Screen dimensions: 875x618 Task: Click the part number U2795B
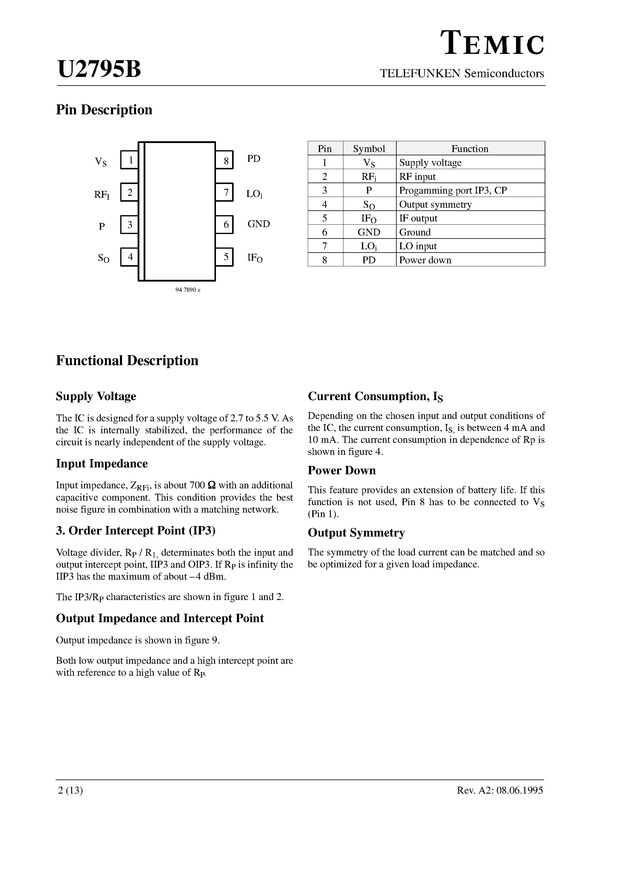(x=99, y=69)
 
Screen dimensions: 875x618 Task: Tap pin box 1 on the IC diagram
(x=130, y=160)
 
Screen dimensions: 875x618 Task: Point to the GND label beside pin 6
(x=258, y=224)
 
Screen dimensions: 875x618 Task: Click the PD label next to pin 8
(x=253, y=159)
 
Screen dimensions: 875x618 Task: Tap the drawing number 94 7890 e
(x=188, y=290)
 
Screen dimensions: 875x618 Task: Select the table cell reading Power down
(x=425, y=260)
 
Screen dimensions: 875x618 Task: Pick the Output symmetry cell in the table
(x=435, y=204)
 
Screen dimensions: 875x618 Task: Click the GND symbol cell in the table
(x=369, y=232)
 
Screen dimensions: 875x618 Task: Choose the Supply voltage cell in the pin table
(x=430, y=163)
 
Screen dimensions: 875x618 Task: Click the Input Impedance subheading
(x=102, y=464)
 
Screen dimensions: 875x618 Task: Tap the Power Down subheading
(x=341, y=470)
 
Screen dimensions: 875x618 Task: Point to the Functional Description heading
(x=127, y=361)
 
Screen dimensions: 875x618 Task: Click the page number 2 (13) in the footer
(x=71, y=790)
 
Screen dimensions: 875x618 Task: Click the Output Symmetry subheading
(x=356, y=532)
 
